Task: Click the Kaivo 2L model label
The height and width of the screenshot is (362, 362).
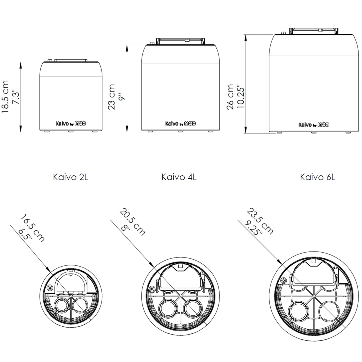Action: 70,177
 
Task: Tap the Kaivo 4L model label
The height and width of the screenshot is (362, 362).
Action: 179,177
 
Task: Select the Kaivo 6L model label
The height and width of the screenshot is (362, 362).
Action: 317,177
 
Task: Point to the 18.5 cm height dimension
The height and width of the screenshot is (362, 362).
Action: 5,96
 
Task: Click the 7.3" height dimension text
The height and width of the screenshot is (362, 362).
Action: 16,98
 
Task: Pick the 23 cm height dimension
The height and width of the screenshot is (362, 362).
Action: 111,97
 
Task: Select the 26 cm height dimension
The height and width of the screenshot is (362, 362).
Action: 230,97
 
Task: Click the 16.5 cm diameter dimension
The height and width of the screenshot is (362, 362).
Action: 33,228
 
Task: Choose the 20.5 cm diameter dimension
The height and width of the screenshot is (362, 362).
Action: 133,222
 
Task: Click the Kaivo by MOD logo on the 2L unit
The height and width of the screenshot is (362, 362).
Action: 71,124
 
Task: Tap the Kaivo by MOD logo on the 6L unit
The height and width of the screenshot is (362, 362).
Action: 314,125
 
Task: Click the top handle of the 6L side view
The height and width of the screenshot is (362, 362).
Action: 314,31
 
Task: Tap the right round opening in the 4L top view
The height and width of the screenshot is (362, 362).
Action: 193,310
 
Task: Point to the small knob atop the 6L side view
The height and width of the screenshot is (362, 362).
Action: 283,33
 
